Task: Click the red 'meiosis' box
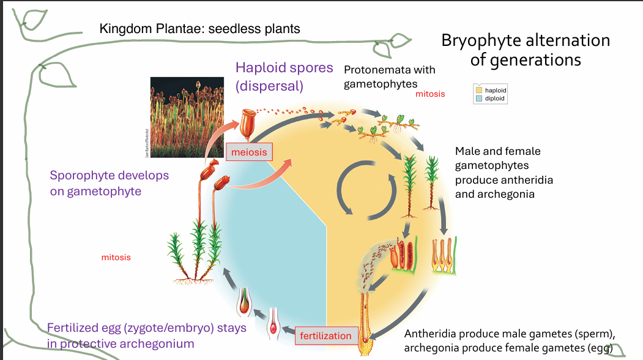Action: click(x=249, y=151)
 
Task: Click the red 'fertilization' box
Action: click(x=325, y=336)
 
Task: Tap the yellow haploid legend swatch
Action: click(x=480, y=91)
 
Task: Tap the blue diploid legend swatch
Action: click(x=480, y=99)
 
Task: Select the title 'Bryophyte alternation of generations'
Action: click(x=526, y=50)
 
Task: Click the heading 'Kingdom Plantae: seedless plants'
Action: click(x=199, y=29)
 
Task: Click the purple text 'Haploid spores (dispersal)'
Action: click(x=284, y=77)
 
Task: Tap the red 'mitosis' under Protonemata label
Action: click(x=430, y=94)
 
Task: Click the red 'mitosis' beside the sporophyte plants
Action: click(x=116, y=258)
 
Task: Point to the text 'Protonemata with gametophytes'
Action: click(x=389, y=77)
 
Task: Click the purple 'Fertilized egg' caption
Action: click(x=146, y=335)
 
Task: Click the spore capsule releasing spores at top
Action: click(x=247, y=122)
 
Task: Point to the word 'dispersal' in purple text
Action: click(x=270, y=86)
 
